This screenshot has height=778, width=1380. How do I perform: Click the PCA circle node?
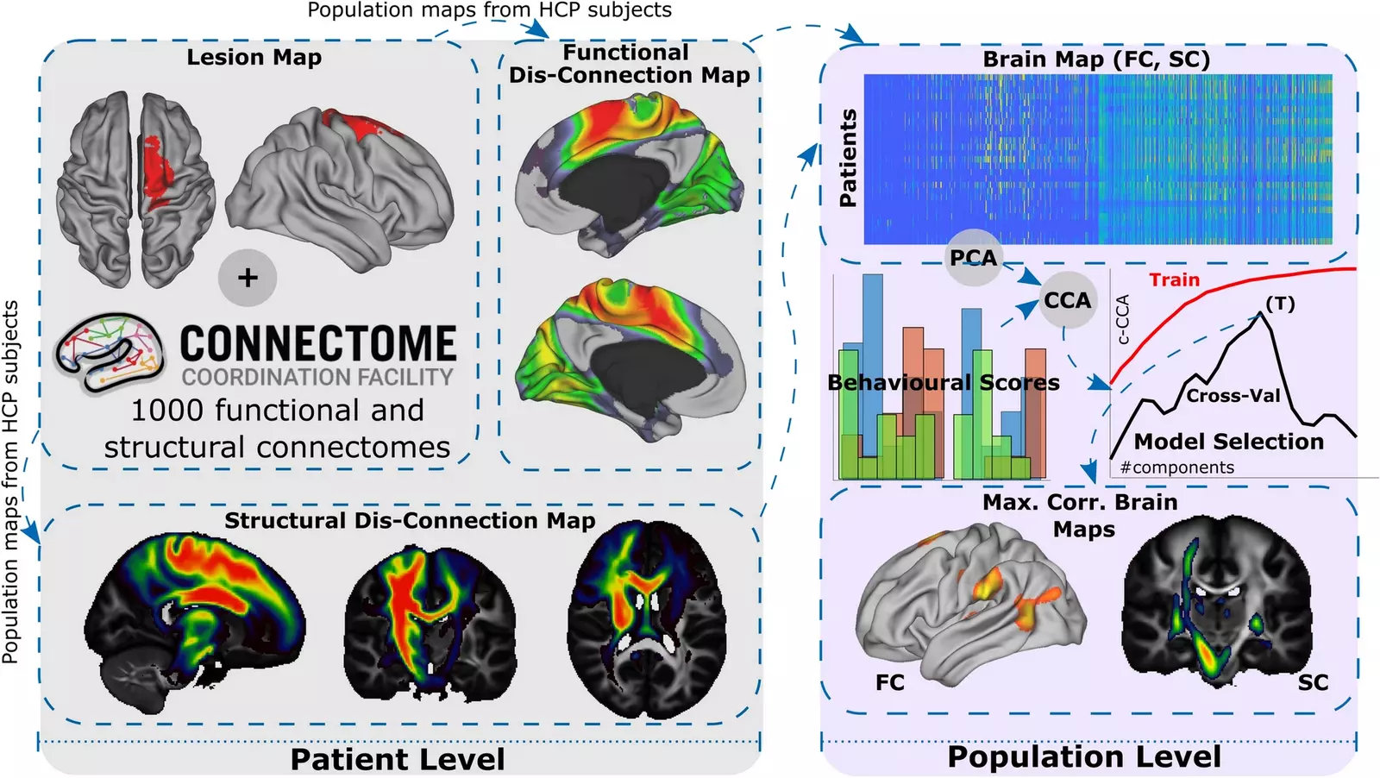pyautogui.click(x=974, y=258)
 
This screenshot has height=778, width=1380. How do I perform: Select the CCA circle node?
pyautogui.click(x=1068, y=300)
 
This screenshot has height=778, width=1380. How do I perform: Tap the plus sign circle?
pyautogui.click(x=248, y=278)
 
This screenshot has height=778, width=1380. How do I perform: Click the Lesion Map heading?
pyautogui.click(x=254, y=57)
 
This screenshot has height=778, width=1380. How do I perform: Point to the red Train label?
pyautogui.click(x=1174, y=279)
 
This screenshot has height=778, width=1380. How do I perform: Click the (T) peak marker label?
pyautogui.click(x=1280, y=304)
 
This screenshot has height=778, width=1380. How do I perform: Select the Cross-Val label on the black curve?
pyautogui.click(x=1233, y=395)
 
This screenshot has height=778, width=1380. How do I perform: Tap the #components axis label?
pyautogui.click(x=1176, y=467)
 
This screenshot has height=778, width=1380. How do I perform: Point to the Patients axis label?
pyautogui.click(x=849, y=158)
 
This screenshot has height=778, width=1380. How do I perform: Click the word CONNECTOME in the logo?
pyautogui.click(x=318, y=343)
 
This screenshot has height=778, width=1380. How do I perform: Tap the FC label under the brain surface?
pyautogui.click(x=890, y=682)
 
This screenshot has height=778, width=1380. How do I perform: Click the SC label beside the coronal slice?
pyautogui.click(x=1313, y=682)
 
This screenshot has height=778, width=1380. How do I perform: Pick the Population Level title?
pyautogui.click(x=1084, y=756)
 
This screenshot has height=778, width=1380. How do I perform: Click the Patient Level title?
pyautogui.click(x=398, y=760)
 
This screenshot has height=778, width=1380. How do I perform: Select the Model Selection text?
pyautogui.click(x=1229, y=442)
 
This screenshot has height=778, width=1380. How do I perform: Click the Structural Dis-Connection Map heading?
pyautogui.click(x=410, y=520)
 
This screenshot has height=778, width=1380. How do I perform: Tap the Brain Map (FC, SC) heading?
pyautogui.click(x=1096, y=60)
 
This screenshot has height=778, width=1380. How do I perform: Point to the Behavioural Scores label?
pyautogui.click(x=944, y=383)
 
